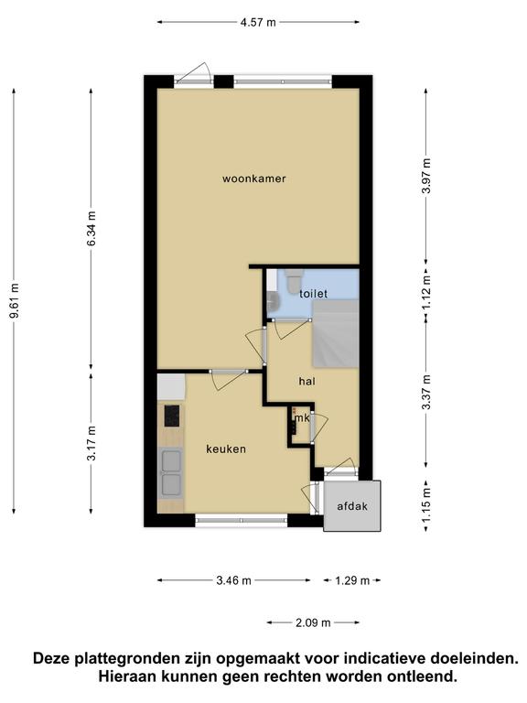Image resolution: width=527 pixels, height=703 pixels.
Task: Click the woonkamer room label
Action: coord(254,178)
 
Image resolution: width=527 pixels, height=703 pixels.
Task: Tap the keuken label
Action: coord(226,449)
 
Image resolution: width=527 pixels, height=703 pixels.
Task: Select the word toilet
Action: coord(313,294)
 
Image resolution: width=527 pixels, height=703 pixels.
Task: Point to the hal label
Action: coord(307,381)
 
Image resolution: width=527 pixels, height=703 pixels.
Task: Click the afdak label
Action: coord(352,506)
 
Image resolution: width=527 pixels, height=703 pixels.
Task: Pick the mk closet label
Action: coord(302,417)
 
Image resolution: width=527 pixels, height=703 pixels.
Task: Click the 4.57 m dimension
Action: coord(258,22)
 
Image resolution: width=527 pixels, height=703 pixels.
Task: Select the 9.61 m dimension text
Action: coord(15,300)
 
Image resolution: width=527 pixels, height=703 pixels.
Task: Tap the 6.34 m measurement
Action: coord(91,228)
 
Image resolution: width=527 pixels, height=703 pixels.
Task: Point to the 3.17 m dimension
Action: coord(91,443)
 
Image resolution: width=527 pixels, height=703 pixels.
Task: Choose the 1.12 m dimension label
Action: coord(426,292)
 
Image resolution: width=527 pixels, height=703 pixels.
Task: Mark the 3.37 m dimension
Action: coord(426,392)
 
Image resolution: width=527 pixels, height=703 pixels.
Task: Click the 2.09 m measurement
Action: coord(313,622)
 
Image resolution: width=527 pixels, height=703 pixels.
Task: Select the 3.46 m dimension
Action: coord(234,580)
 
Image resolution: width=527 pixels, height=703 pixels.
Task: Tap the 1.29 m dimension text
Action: coord(352,580)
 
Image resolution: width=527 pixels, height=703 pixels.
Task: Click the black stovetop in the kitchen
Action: coord(172,416)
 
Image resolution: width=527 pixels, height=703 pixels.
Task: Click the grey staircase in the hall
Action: coord(335,333)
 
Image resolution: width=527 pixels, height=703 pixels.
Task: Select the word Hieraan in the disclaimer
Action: coord(127,676)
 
